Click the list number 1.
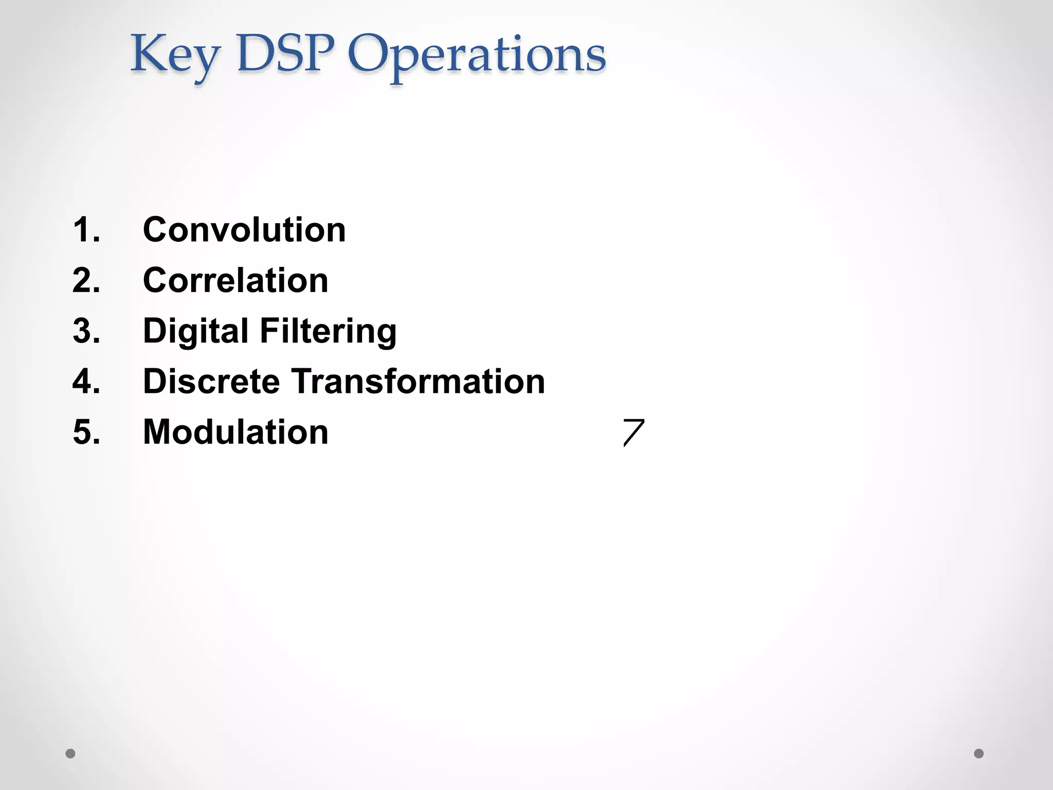click(x=86, y=229)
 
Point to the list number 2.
click(x=86, y=280)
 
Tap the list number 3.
click(x=86, y=331)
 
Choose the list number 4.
click(x=86, y=381)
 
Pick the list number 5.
click(x=86, y=432)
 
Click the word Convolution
click(x=244, y=229)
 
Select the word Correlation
click(x=235, y=280)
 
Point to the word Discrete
click(x=211, y=381)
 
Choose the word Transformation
click(x=419, y=381)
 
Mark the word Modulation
click(x=235, y=432)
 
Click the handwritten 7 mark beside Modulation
click(x=633, y=433)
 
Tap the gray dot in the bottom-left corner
click(x=70, y=753)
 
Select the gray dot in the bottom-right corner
click(x=979, y=753)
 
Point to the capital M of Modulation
click(x=157, y=432)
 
